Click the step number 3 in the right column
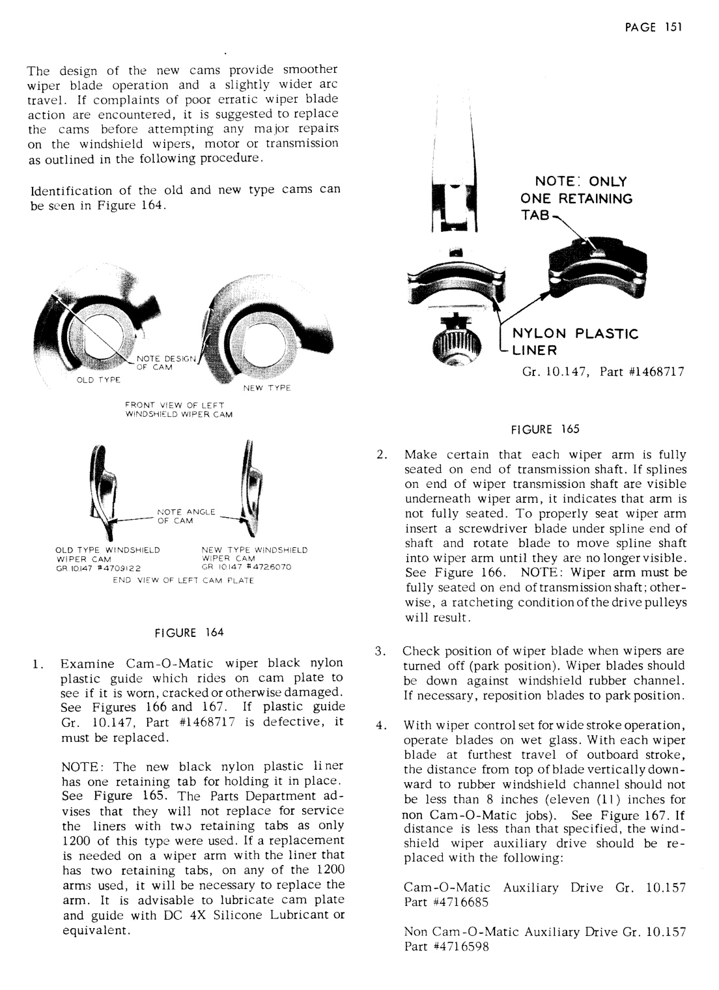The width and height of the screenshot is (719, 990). [x=379, y=651]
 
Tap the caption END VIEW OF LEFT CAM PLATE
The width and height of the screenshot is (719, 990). [x=183, y=580]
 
